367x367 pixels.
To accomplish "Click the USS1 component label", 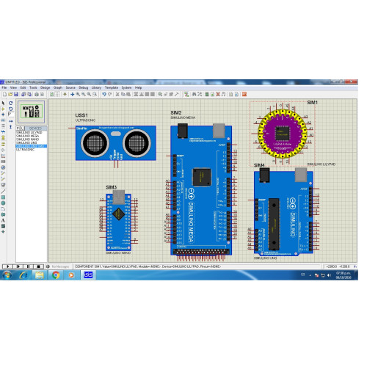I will click(x=81, y=115).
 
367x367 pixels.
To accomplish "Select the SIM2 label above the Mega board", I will click(x=176, y=112).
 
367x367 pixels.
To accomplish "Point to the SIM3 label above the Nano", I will click(x=111, y=187).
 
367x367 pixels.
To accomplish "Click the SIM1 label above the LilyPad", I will click(x=312, y=102).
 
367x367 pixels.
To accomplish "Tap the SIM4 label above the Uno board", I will click(x=259, y=166).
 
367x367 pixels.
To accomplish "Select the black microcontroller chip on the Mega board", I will click(x=200, y=177).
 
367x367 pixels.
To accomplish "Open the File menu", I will click(x=4, y=87).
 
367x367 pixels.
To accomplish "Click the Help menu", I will click(x=138, y=87).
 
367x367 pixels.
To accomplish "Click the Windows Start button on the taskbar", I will click(x=7, y=275).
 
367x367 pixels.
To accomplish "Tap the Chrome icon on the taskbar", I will click(x=56, y=275).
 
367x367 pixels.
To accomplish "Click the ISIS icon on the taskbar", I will click(x=87, y=275).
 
